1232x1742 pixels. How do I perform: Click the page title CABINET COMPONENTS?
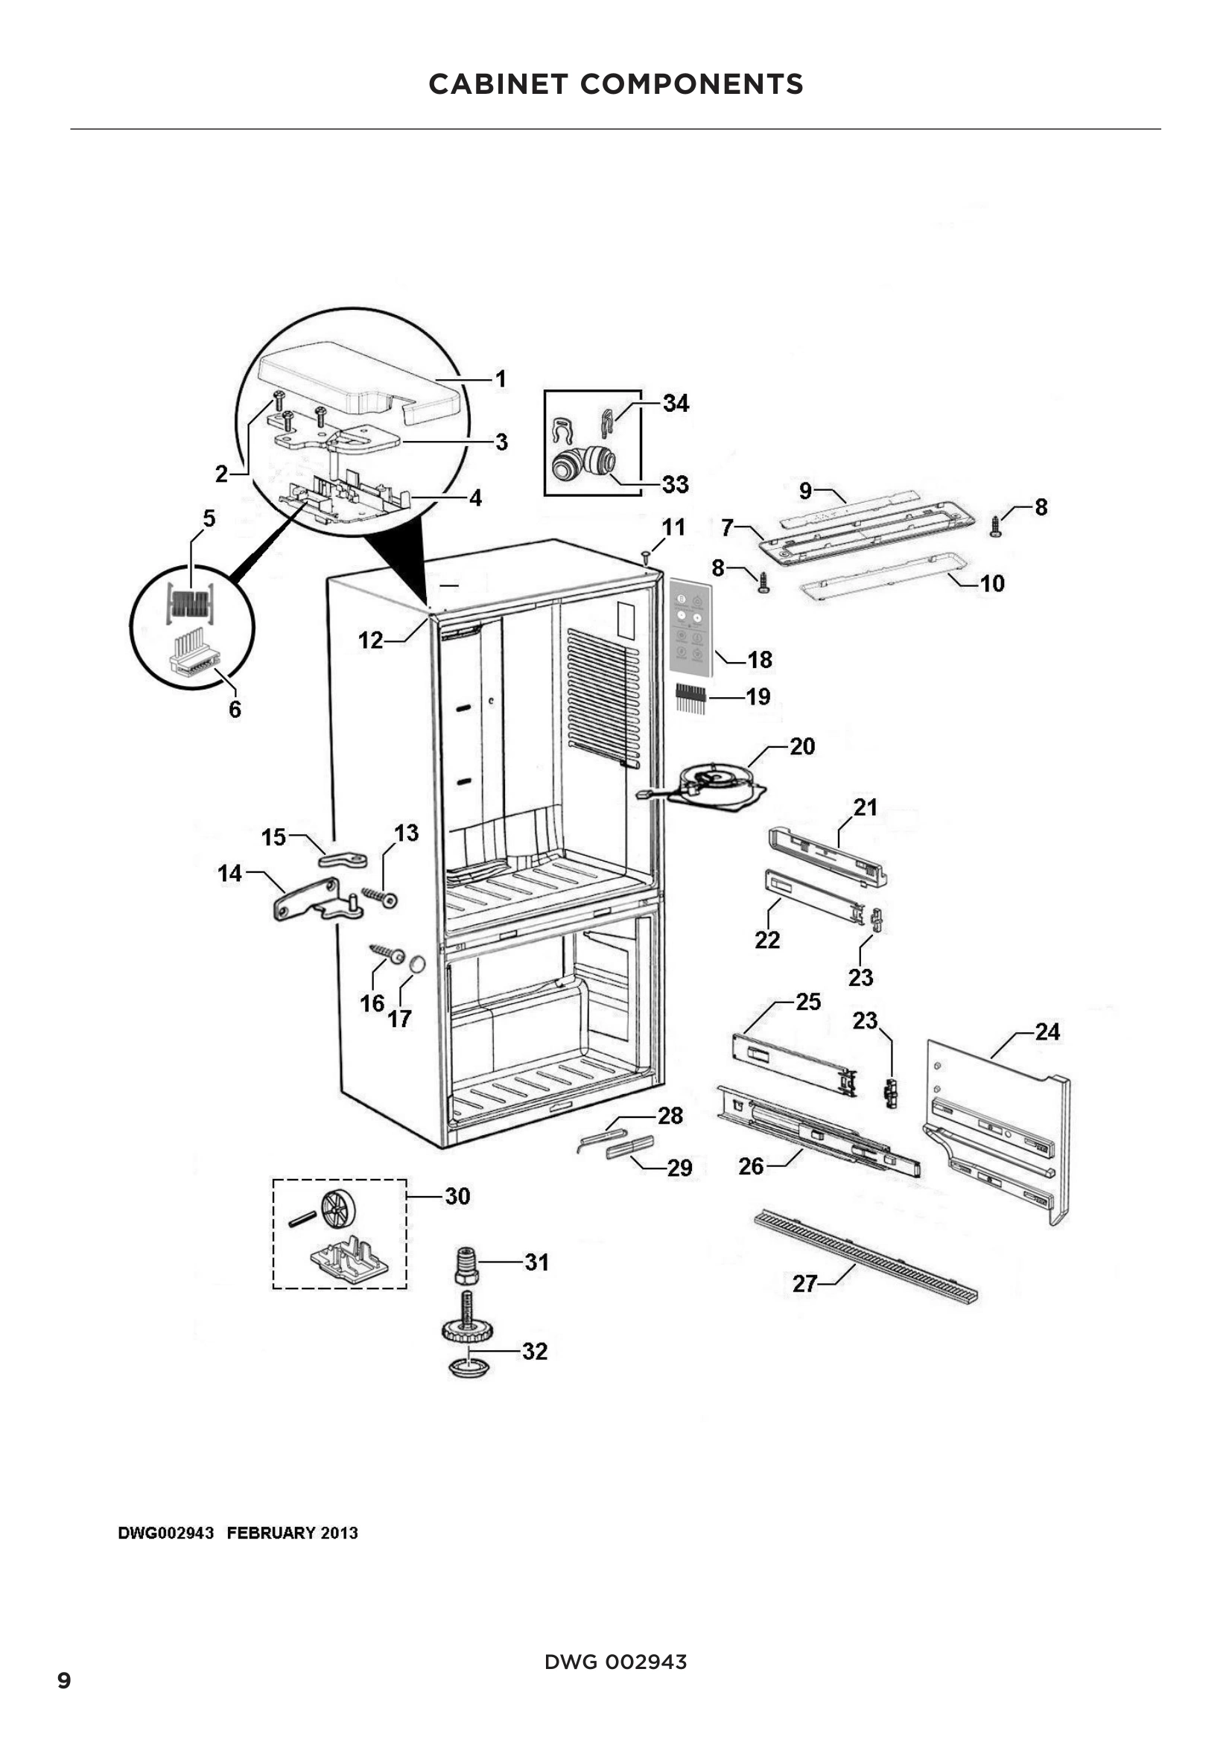615,84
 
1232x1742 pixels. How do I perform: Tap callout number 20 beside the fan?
802,746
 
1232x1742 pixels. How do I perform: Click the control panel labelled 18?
690,626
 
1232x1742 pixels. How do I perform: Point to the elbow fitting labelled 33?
582,462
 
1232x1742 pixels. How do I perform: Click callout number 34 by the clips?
675,403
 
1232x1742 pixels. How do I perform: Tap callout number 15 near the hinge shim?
273,837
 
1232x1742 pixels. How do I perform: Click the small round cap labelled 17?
416,964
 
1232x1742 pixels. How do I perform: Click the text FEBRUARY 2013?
292,1533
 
